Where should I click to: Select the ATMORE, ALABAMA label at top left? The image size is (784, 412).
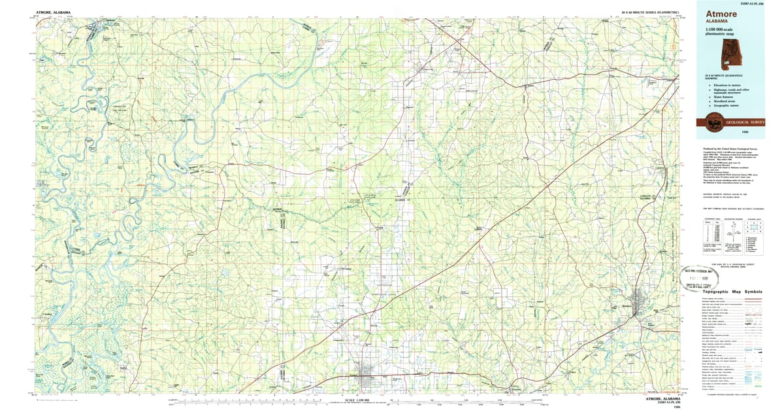pos(54,12)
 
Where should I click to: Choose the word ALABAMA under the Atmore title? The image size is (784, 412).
pos(717,22)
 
